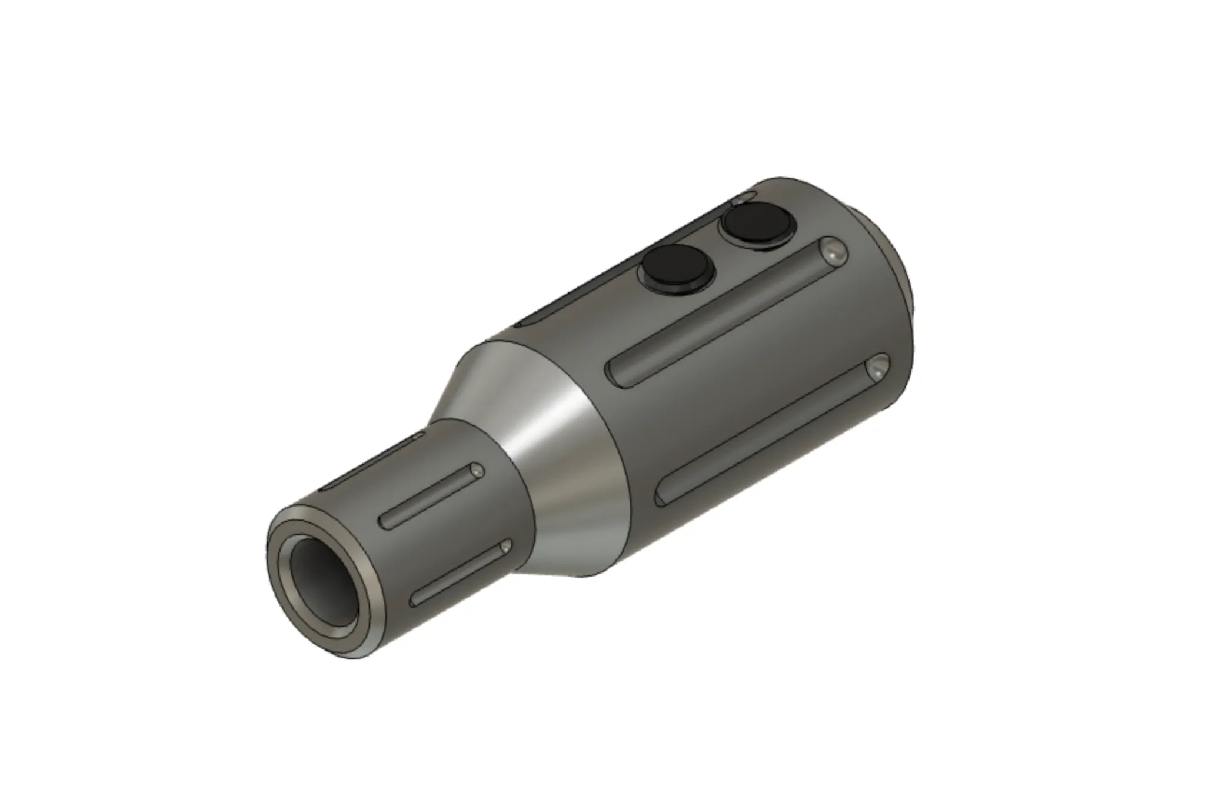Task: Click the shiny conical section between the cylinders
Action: (530, 447)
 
